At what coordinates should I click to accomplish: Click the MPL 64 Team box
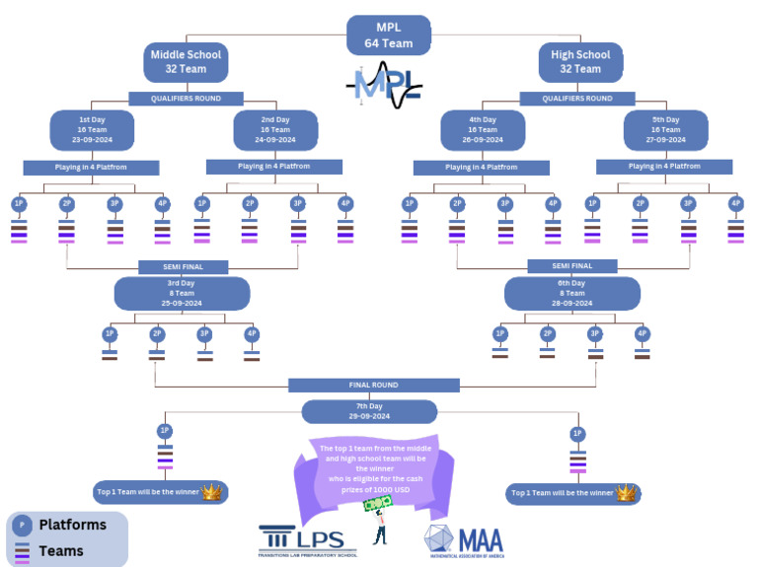pyautogui.click(x=389, y=35)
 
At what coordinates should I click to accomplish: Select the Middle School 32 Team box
pyautogui.click(x=186, y=61)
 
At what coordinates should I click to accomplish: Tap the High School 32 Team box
pyautogui.click(x=580, y=61)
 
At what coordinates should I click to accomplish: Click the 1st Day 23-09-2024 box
pyautogui.click(x=92, y=129)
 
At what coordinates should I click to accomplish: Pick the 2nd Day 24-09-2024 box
pyautogui.click(x=275, y=129)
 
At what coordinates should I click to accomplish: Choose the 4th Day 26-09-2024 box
pyautogui.click(x=483, y=129)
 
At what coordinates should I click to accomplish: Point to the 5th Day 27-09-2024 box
pyautogui.click(x=665, y=129)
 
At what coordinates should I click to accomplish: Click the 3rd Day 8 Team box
pyautogui.click(x=182, y=293)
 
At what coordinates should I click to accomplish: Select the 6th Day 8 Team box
pyautogui.click(x=571, y=293)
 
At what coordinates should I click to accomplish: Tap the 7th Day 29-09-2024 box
pyautogui.click(x=369, y=411)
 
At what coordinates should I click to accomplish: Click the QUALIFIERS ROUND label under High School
pyautogui.click(x=577, y=99)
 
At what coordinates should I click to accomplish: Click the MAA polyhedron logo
pyautogui.click(x=464, y=541)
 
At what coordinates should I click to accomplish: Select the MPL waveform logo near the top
pyautogui.click(x=385, y=86)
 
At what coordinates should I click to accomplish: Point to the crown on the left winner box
pyautogui.click(x=212, y=491)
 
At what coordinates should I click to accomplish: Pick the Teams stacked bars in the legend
pyautogui.click(x=22, y=551)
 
